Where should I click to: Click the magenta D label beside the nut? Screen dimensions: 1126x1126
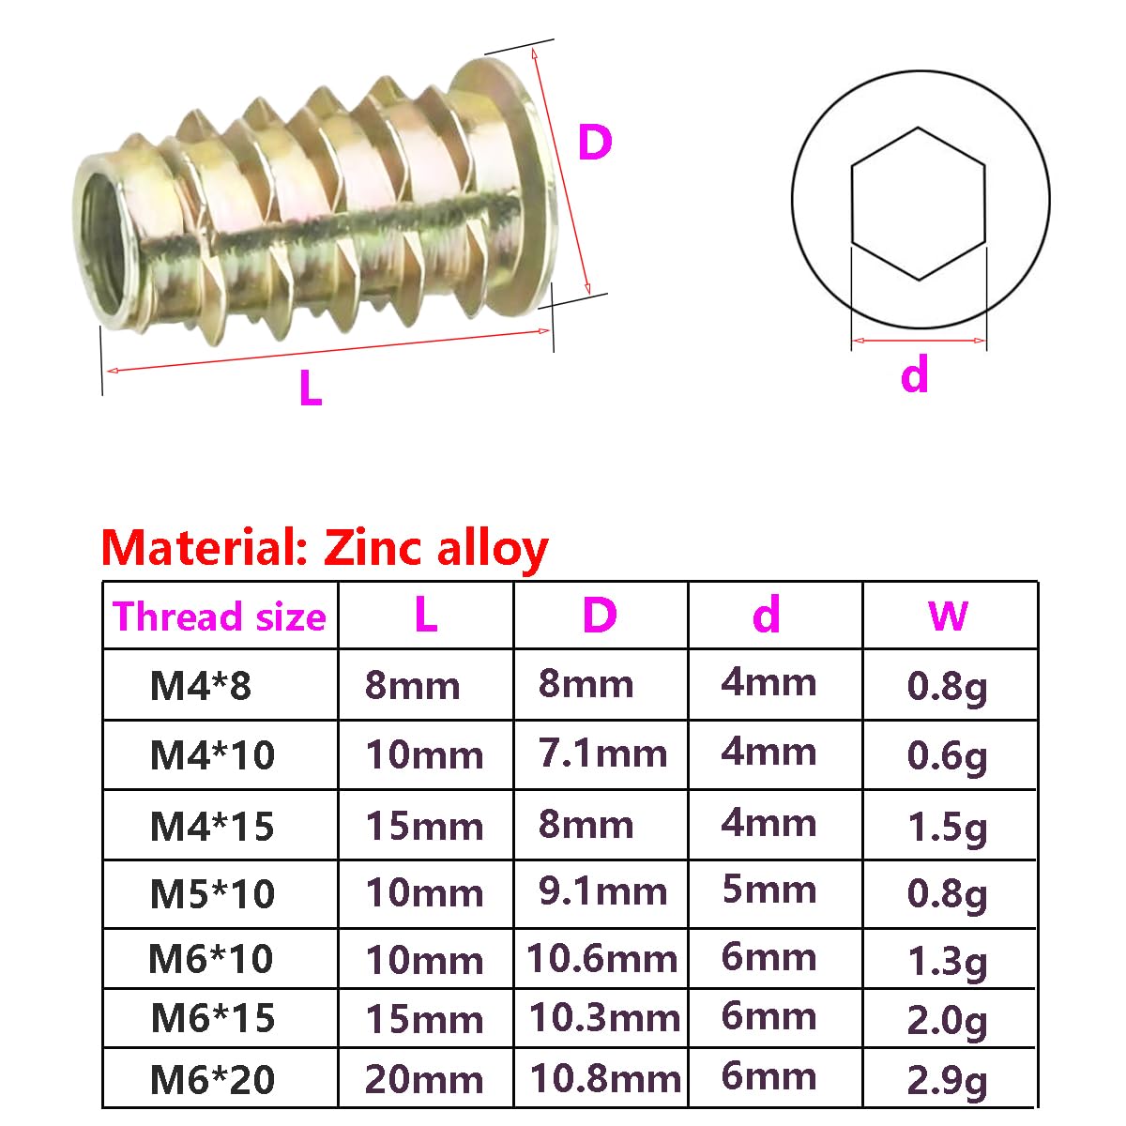pos(594,142)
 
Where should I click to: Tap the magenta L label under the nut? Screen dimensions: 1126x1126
pos(311,388)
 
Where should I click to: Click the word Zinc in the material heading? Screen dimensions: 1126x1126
pos(373,547)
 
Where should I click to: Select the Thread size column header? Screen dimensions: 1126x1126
pos(220,616)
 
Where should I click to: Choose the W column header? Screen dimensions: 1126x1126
pos(948,616)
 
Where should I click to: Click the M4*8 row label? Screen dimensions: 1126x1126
pos(201,685)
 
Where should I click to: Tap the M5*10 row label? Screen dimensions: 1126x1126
pos(212,893)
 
